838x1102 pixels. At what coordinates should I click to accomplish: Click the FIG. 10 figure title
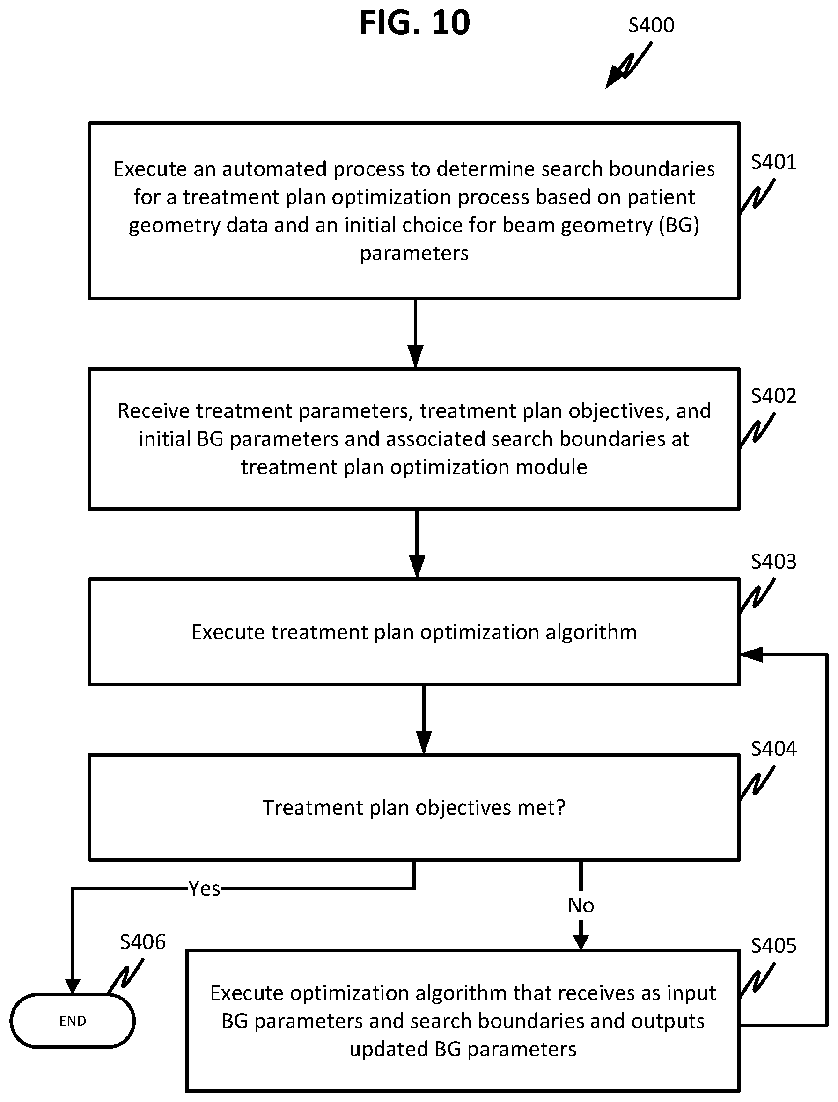click(415, 23)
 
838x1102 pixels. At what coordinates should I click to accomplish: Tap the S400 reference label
click(651, 25)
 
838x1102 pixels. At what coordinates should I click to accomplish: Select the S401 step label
click(774, 162)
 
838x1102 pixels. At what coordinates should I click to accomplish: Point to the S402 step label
click(774, 396)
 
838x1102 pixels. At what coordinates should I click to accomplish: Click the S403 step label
click(774, 562)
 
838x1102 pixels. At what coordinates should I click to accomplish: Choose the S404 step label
click(774, 748)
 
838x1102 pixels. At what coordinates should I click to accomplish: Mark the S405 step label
click(774, 945)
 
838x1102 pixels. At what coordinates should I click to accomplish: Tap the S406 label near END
click(143, 942)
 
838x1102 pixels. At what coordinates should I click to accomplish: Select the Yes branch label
click(205, 889)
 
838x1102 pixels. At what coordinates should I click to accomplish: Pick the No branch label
click(581, 905)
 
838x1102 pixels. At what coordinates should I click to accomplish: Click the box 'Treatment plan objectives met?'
click(414, 807)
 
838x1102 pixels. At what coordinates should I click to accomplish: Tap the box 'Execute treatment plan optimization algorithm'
click(414, 632)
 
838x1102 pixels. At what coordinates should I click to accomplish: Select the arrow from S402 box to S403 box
click(417, 544)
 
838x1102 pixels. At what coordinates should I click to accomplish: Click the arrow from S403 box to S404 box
click(424, 720)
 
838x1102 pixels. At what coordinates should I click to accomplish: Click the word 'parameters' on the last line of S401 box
click(414, 254)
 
